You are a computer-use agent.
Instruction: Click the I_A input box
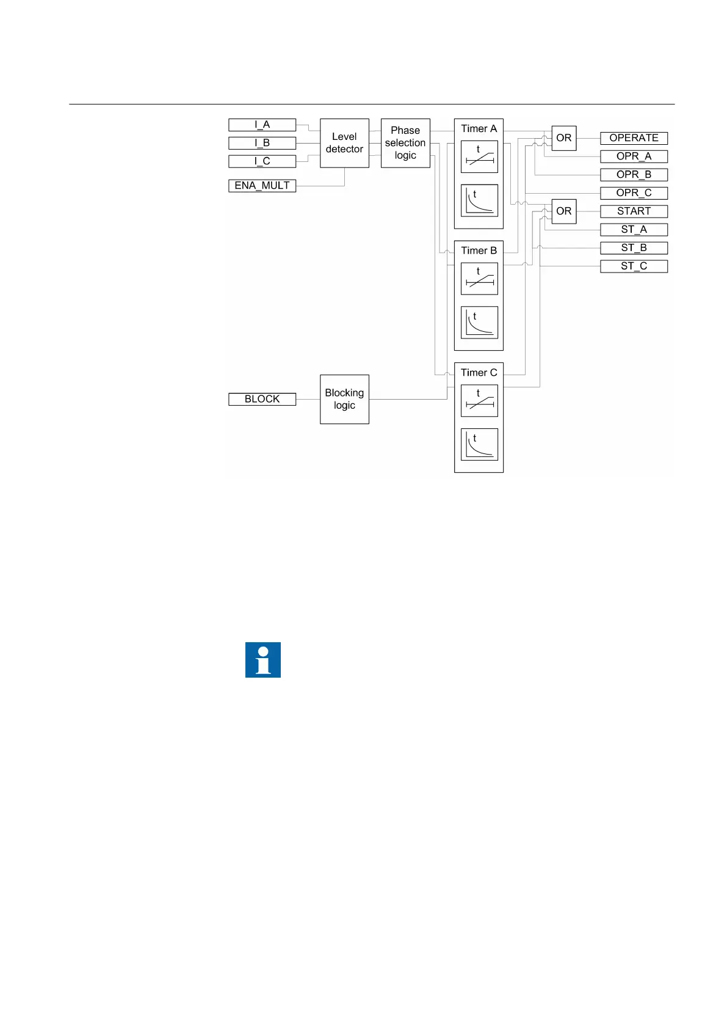(x=262, y=125)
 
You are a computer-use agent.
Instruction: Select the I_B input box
(x=262, y=143)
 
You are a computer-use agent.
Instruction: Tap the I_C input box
(x=262, y=161)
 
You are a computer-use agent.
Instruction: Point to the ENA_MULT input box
(x=262, y=186)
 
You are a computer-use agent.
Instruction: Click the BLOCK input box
(x=262, y=399)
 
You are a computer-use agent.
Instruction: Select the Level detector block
(x=344, y=143)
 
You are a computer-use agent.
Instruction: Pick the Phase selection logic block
(x=405, y=143)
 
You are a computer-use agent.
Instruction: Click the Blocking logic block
(x=344, y=399)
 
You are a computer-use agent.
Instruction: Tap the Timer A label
(x=479, y=129)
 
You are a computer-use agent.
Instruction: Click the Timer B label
(x=479, y=251)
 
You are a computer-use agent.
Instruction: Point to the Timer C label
(x=479, y=373)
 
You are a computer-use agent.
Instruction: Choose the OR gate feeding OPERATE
(x=563, y=138)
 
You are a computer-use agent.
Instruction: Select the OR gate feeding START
(x=563, y=211)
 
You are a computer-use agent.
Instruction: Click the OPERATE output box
(x=634, y=138)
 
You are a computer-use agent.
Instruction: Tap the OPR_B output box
(x=634, y=175)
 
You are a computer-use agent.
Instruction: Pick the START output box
(x=634, y=211)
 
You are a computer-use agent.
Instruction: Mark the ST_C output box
(x=634, y=266)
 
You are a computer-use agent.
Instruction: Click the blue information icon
(x=263, y=660)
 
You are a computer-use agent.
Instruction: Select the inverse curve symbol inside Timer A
(x=479, y=200)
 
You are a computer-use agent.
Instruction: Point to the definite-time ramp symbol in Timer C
(x=479, y=401)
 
